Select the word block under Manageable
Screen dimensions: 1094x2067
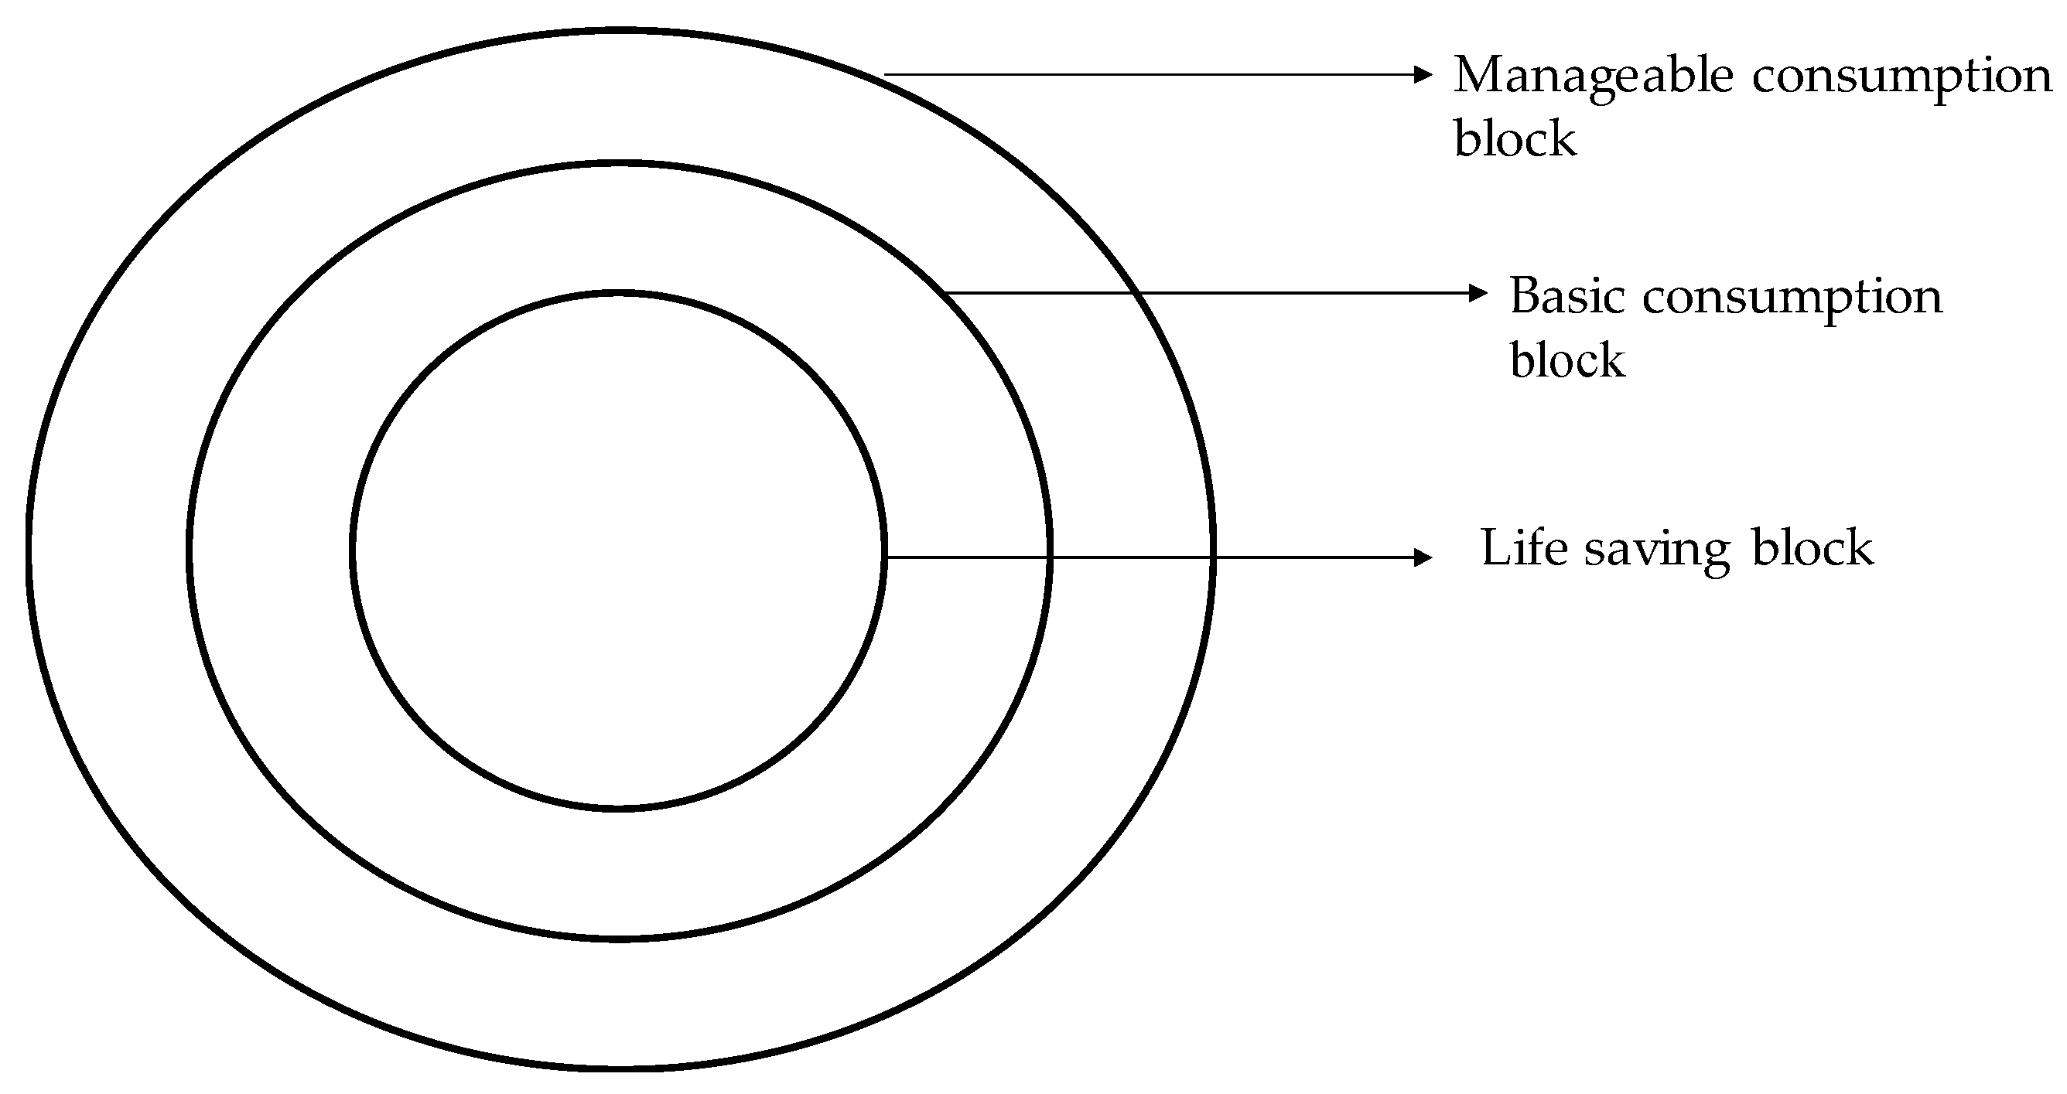(1515, 138)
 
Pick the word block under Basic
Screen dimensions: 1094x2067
(1567, 360)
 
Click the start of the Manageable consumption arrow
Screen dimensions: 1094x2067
(886, 74)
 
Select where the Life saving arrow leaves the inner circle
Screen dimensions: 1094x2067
(884, 557)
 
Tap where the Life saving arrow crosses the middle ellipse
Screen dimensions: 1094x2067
(1050, 557)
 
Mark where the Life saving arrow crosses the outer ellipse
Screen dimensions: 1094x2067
(1213, 557)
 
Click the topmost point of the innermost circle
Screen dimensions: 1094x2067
(619, 294)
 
